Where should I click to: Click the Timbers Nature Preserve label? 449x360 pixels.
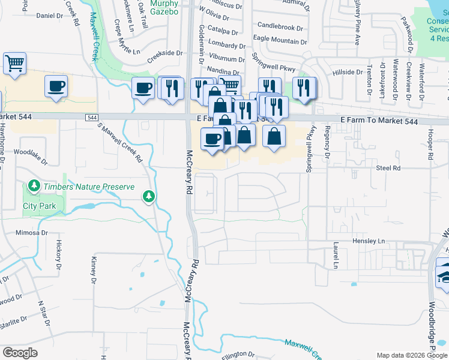[88, 187]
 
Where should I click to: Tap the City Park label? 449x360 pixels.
[39, 206]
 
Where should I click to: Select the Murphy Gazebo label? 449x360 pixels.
[163, 7]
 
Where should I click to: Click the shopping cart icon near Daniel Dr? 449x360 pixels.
[14, 63]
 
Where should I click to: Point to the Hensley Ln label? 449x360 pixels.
[368, 241]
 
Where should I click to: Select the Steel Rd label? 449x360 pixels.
[388, 169]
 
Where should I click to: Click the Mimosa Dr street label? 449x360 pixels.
[31, 232]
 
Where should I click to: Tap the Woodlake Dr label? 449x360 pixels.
[30, 153]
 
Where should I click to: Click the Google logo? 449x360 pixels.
[20, 353]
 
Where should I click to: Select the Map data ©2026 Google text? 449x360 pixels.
[411, 355]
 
